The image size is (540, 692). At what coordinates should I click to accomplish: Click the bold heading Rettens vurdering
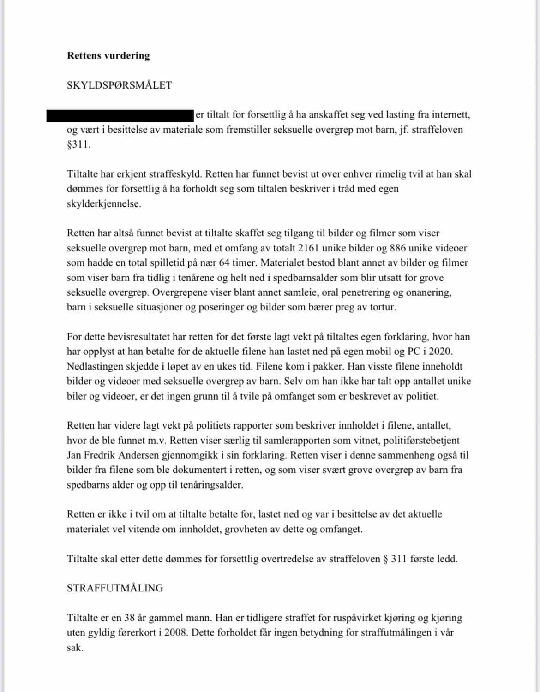click(108, 56)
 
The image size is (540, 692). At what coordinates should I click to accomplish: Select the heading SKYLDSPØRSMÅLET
click(119, 85)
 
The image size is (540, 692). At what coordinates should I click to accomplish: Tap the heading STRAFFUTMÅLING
click(115, 588)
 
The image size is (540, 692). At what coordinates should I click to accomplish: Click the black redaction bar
click(120, 115)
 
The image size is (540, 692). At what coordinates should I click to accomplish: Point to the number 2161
click(309, 248)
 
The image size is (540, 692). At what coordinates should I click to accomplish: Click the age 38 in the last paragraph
click(129, 618)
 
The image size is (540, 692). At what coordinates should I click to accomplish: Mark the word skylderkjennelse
click(103, 204)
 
